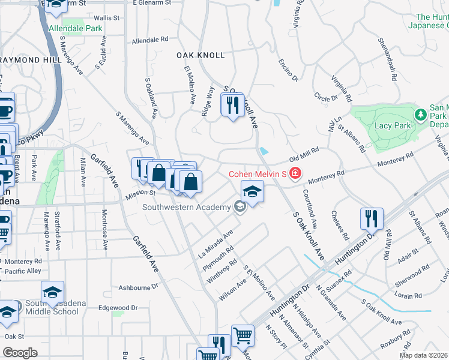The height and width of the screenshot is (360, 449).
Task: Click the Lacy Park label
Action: (x=391, y=125)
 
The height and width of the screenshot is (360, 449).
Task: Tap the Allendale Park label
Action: (x=76, y=28)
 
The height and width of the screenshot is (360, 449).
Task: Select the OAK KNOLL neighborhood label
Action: (x=200, y=55)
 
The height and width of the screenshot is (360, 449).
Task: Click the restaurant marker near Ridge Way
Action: (x=232, y=105)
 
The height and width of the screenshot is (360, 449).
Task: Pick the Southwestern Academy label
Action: (x=187, y=208)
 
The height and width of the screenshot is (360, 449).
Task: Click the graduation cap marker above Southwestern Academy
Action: (x=252, y=192)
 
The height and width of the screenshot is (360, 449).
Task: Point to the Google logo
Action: (x=20, y=353)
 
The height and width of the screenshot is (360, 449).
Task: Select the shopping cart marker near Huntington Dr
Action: (x=243, y=336)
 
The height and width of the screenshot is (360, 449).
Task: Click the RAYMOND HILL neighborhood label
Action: (x=29, y=61)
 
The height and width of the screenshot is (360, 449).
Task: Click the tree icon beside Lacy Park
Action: (x=421, y=113)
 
